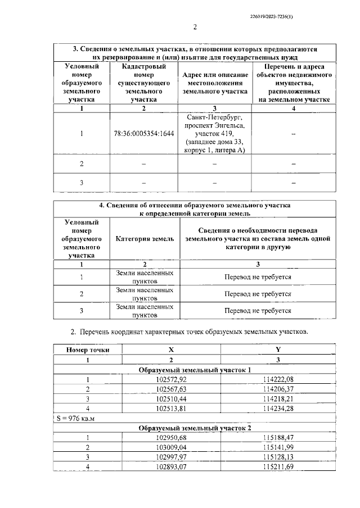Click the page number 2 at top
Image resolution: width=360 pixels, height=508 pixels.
click(195, 27)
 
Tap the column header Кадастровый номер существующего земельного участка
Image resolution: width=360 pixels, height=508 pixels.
click(144, 83)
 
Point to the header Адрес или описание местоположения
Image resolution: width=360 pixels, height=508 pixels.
click(217, 83)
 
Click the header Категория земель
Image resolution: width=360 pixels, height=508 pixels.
click(145, 239)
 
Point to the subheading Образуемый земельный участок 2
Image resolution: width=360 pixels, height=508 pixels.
click(195, 428)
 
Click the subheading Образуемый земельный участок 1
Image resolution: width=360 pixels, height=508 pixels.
click(195, 370)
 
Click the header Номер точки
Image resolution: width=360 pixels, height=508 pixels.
click(87, 350)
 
